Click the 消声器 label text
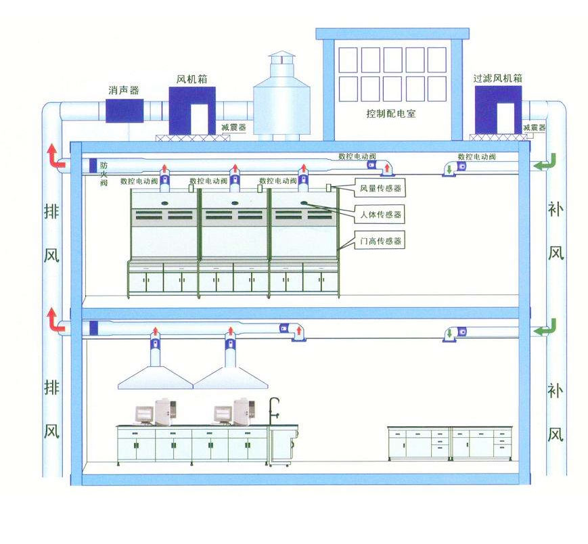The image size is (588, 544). click(x=123, y=89)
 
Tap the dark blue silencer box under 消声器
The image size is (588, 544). click(x=123, y=110)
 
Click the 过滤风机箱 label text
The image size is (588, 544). click(x=499, y=78)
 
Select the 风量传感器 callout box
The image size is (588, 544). click(x=381, y=188)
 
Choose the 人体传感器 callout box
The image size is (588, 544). click(x=381, y=214)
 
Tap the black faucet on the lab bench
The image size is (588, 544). click(x=274, y=409)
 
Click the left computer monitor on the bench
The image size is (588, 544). click(x=144, y=414)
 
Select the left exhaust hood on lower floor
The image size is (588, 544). click(x=155, y=376)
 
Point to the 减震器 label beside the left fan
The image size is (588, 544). click(x=233, y=127)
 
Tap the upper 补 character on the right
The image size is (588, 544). click(x=555, y=211)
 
